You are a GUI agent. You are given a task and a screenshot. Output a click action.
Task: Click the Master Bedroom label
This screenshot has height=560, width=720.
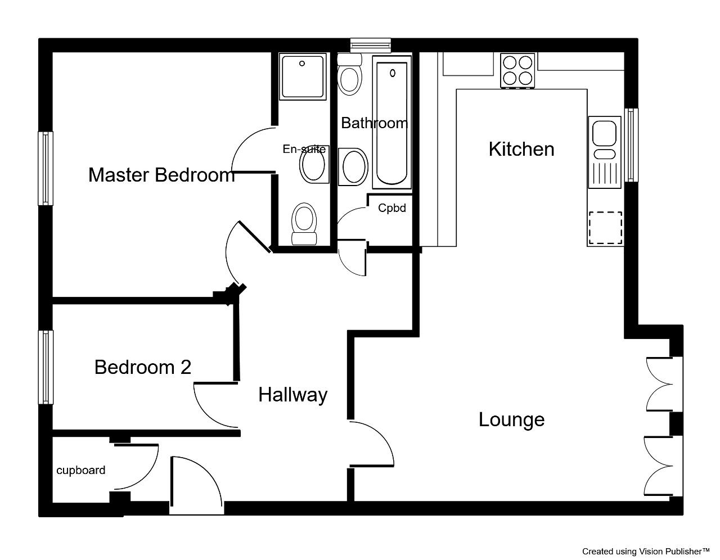(161, 175)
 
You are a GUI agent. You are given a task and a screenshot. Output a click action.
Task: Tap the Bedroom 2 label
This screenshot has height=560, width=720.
(143, 367)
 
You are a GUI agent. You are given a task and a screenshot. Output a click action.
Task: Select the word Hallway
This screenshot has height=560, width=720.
(293, 395)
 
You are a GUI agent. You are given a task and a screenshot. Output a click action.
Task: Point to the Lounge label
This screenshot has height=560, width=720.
(511, 420)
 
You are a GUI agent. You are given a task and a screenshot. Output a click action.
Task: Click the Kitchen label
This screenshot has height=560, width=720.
(521, 149)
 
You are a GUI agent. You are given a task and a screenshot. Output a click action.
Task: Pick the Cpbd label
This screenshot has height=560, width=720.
(392, 208)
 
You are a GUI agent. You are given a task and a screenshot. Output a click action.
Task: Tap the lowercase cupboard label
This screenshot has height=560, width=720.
(81, 470)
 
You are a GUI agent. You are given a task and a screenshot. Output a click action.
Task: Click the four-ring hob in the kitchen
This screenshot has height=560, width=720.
(517, 70)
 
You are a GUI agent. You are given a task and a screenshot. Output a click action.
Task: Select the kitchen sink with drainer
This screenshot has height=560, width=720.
(604, 152)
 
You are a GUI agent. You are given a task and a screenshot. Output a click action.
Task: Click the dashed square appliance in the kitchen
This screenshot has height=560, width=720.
(605, 228)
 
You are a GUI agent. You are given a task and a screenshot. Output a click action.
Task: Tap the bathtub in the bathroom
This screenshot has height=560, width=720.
(392, 122)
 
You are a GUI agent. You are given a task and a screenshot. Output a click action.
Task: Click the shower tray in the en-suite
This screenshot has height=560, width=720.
(303, 76)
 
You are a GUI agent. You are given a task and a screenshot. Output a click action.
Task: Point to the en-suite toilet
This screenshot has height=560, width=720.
(304, 224)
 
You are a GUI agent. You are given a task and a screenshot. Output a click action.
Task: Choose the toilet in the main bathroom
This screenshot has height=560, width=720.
(349, 75)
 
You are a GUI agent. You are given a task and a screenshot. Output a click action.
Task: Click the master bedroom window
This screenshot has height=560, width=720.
(46, 168)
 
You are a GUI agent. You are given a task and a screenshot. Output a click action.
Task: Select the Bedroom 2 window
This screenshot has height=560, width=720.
(46, 367)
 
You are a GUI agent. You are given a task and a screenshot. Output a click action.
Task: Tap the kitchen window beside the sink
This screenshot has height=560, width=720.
(631, 145)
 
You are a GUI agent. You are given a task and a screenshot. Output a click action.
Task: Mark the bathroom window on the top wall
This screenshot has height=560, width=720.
(371, 46)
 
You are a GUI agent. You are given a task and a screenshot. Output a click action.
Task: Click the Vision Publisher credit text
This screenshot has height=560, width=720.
(646, 552)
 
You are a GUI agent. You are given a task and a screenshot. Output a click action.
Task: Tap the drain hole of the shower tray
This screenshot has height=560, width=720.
(302, 64)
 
